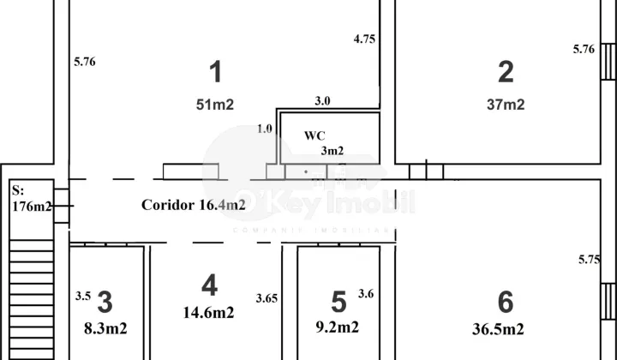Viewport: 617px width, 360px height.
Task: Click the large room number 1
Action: click(x=216, y=72)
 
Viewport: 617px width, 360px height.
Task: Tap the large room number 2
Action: click(x=506, y=72)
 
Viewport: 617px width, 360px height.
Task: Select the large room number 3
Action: click(x=105, y=303)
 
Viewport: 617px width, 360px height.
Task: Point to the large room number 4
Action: click(x=209, y=285)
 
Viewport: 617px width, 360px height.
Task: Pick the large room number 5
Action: click(x=338, y=303)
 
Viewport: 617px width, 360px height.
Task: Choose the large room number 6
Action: click(x=506, y=303)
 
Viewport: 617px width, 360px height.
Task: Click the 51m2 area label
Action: click(x=215, y=105)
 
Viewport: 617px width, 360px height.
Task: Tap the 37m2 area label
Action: click(x=506, y=105)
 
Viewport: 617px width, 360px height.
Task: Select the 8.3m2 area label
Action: click(x=105, y=328)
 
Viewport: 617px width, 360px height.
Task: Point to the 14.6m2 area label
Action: click(x=208, y=313)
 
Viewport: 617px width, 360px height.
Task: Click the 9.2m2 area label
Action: click(x=338, y=327)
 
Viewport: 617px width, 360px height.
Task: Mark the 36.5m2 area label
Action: click(x=498, y=329)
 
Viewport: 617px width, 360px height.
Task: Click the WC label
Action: click(x=314, y=135)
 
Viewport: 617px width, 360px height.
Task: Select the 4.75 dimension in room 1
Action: click(x=364, y=39)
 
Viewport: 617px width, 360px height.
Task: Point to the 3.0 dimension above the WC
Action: click(x=322, y=101)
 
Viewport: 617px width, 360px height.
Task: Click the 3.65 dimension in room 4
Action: click(x=267, y=298)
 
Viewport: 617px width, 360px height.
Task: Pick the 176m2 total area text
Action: click(x=32, y=207)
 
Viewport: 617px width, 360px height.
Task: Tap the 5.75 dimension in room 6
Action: click(x=589, y=260)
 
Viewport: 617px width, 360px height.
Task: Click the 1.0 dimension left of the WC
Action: click(x=265, y=129)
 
